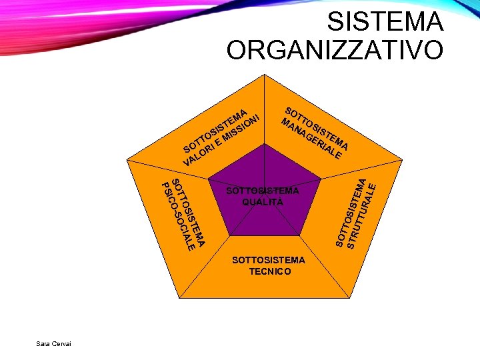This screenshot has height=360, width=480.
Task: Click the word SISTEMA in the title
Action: tap(385, 22)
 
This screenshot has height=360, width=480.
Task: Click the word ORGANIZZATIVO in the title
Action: tap(335, 50)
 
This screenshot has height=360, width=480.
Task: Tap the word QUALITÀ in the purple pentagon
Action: tap(263, 202)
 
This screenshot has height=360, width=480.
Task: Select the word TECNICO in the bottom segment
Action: tap(269, 271)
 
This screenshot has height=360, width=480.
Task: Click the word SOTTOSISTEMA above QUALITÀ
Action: tap(263, 191)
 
